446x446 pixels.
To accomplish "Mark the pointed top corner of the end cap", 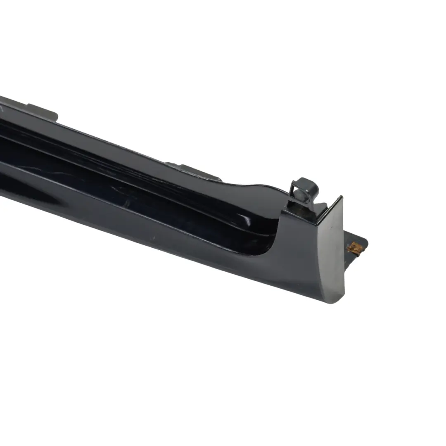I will tap(341, 197).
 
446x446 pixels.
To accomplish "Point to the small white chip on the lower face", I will tap(154, 238).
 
